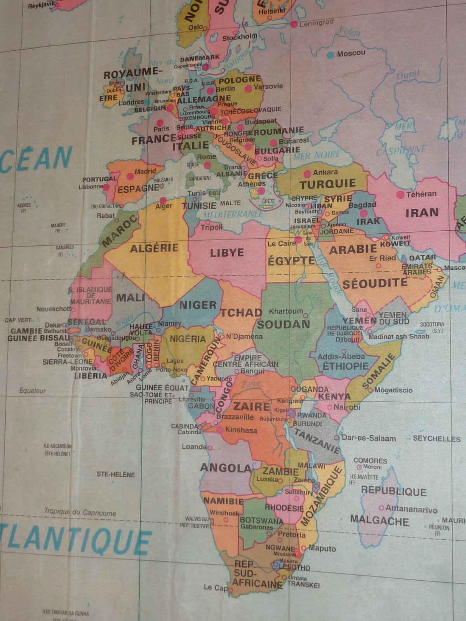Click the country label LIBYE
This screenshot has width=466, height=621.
tap(227, 253)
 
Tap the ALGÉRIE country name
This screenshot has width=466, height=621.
tap(154, 248)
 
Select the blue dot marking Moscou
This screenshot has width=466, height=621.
tap(330, 55)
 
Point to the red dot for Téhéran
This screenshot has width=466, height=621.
tap(400, 195)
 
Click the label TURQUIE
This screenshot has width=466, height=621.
tap(327, 184)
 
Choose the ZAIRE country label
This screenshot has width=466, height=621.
tap(251, 406)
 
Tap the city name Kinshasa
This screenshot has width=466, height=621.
tap(241, 430)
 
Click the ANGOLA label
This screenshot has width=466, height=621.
tap(226, 468)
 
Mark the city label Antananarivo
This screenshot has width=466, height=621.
tap(412, 509)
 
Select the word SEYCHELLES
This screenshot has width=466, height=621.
tap(436, 439)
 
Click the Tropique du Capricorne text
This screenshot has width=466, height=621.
tap(80, 512)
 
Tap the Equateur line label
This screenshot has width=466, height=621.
tap(33, 391)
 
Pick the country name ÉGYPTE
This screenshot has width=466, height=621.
tap(291, 260)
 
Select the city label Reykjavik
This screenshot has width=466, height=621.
tap(42, 6)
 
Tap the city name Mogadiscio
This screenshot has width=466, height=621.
tap(393, 390)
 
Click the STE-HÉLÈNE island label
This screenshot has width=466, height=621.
tap(116, 474)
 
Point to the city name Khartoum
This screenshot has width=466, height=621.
tap(286, 311)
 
